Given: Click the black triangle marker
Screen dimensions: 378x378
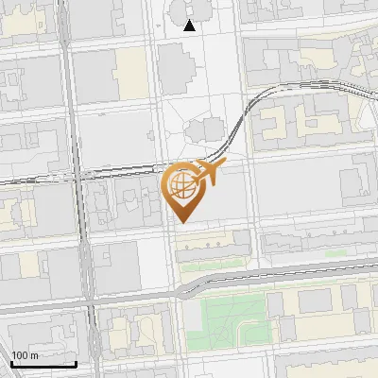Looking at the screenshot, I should click(190, 26).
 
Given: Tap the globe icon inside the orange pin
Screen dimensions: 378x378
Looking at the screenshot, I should click(180, 184).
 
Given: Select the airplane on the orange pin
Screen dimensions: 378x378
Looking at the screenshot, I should click(208, 172).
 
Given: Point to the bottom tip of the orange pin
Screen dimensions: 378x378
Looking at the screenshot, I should click(180, 221).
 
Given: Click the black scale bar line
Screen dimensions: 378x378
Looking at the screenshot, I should click(43, 364).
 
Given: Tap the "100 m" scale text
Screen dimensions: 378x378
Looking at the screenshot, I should click(26, 355).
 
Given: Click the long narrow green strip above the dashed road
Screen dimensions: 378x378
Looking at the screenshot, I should click(217, 266).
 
